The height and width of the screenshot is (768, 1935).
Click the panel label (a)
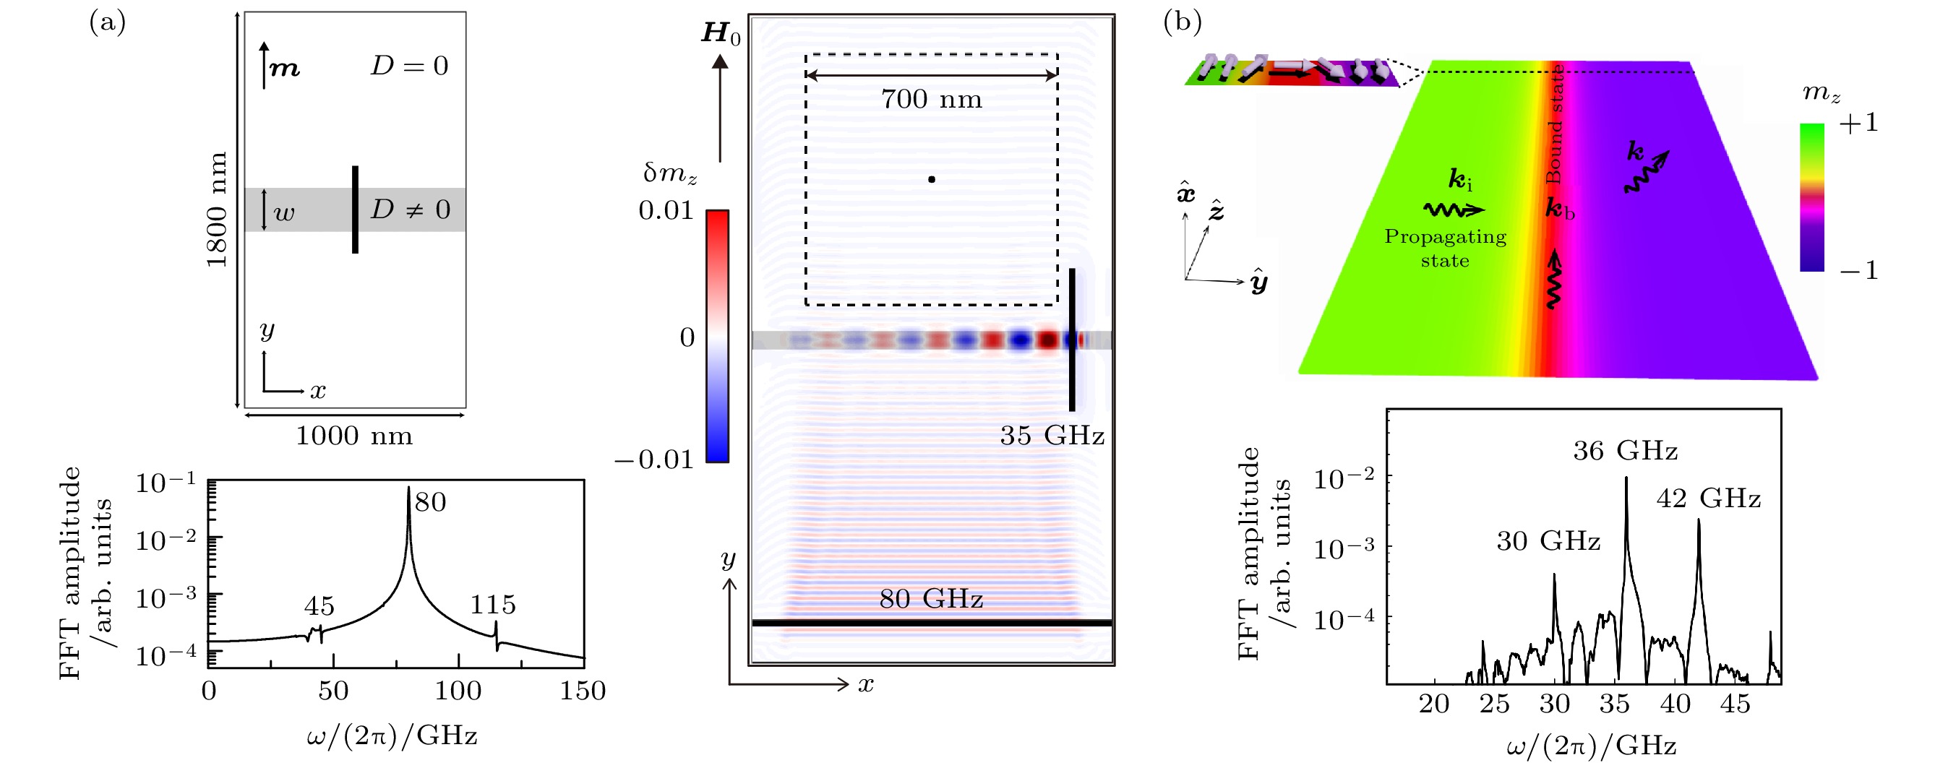pos(108,22)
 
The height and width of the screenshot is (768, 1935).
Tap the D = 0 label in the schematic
pos(409,66)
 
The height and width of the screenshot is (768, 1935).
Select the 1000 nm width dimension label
pos(353,436)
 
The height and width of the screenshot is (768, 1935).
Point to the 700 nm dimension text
pos(932,99)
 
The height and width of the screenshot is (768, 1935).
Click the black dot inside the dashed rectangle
pos(932,179)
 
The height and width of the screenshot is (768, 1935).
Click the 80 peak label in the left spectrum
pos(430,501)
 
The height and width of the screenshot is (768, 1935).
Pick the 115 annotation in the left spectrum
pos(494,604)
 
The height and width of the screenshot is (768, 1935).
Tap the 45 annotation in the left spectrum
pos(319,606)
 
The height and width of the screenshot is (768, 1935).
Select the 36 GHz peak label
pos(1626,450)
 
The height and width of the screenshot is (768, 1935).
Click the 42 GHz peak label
pos(1708,499)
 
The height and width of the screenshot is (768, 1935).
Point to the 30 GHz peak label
pos(1548,540)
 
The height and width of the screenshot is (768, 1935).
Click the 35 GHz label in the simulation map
pos(1052,436)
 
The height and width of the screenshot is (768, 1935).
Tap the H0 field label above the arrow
pos(721,34)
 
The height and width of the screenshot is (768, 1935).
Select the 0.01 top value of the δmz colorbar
pos(666,211)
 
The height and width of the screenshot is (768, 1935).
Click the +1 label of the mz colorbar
pos(1858,123)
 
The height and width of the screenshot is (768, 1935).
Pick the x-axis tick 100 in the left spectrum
pos(458,691)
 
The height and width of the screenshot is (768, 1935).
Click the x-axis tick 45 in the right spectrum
pos(1736,704)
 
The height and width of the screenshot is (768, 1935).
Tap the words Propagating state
pos(1445,249)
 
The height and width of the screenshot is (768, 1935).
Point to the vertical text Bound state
pos(1553,124)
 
